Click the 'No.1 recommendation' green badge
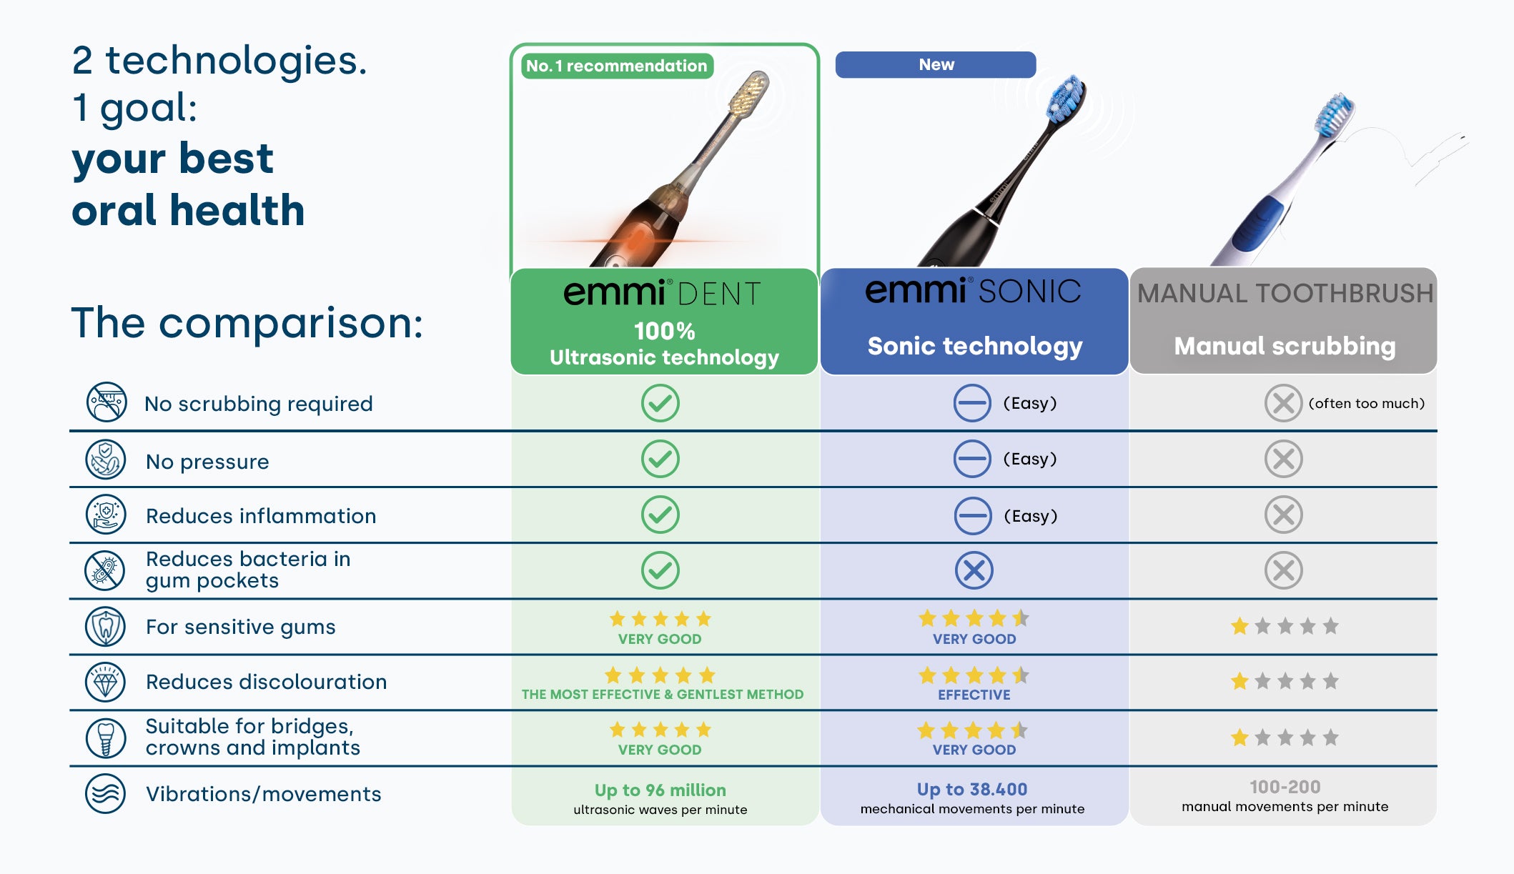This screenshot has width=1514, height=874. coord(617,66)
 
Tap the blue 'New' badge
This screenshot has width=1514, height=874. coord(936,64)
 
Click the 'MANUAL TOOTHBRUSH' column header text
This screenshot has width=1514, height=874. coord(1285,294)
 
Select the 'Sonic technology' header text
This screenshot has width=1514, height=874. coord(975,346)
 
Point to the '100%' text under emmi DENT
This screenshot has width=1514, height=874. coord(664,331)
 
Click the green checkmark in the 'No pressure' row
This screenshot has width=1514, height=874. coord(660,459)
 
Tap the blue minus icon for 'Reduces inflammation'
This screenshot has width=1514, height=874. coord(972,515)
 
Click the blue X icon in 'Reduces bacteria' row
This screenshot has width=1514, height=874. coord(974,570)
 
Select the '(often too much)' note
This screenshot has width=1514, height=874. coord(1366,403)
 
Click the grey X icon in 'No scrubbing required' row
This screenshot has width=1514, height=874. coord(1283,403)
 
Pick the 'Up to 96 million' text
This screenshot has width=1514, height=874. coord(660,790)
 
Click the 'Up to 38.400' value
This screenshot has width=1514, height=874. coord(972,789)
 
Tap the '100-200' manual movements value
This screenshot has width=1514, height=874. coord(1285,787)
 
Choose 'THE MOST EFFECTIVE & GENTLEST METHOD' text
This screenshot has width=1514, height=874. coord(663,694)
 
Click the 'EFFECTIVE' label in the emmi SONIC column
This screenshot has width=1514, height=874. coord(974,695)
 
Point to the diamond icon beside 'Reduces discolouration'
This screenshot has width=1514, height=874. coord(105,682)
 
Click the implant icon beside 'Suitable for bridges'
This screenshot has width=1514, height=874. coord(105,738)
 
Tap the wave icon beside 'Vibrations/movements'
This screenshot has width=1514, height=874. coord(105,793)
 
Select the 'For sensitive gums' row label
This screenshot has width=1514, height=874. coord(240,627)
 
